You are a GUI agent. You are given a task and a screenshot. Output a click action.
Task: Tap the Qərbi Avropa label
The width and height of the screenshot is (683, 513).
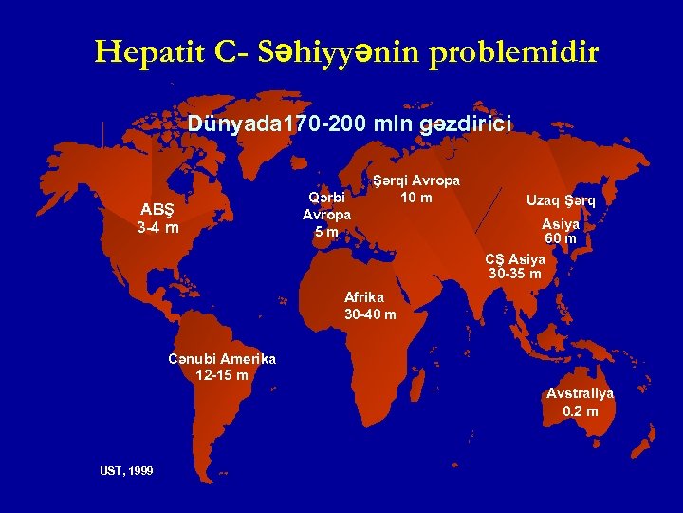[327, 206]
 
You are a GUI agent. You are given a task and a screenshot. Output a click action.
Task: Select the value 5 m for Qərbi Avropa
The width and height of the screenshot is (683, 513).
[326, 232]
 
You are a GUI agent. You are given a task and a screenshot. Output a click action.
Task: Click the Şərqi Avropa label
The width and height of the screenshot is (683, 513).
[415, 180]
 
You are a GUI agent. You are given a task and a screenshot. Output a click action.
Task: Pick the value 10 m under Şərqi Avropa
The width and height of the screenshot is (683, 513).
[415, 197]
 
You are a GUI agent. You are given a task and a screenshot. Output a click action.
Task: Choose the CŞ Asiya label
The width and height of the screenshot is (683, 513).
[515, 258]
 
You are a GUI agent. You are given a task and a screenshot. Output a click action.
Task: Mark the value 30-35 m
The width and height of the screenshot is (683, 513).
[515, 274]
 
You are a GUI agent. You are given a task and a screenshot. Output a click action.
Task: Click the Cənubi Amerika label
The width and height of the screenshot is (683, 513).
[221, 359]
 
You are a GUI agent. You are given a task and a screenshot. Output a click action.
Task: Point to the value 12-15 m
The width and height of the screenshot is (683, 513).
[221, 375]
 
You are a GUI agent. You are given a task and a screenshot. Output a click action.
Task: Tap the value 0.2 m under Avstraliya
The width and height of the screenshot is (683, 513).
[580, 411]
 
